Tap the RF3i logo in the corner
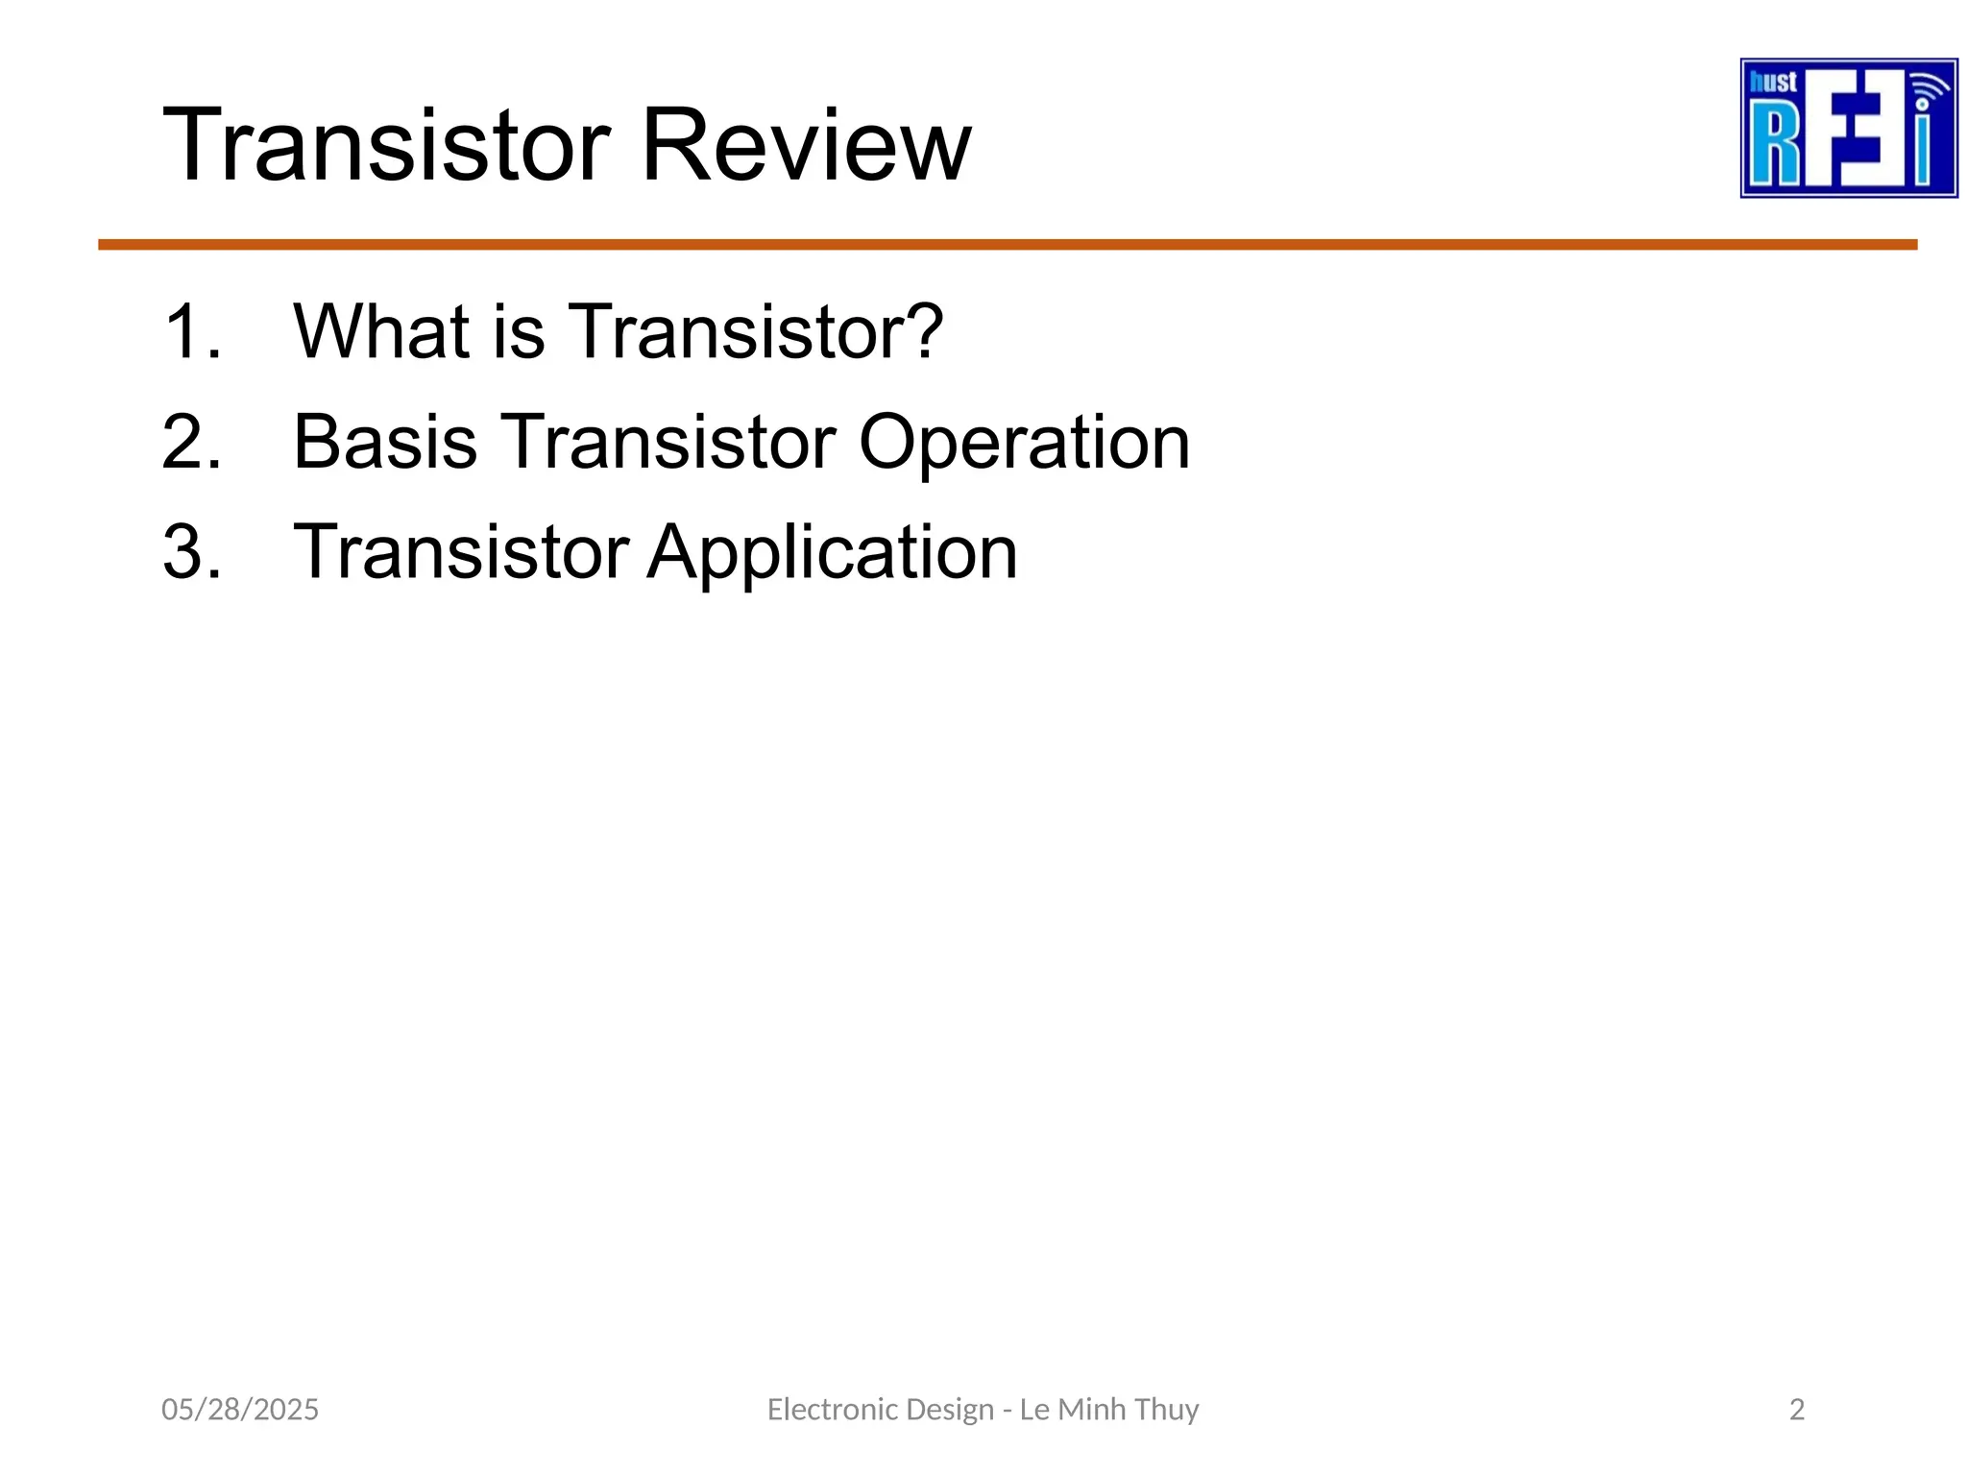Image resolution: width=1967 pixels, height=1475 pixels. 1848,129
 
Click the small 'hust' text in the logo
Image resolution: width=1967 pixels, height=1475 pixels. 1773,83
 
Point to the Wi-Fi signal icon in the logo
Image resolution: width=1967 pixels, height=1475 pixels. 1928,91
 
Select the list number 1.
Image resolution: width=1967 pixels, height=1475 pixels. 191,332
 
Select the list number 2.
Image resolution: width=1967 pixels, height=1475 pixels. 191,443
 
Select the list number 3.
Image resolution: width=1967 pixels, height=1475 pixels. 191,552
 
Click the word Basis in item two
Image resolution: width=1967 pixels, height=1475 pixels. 384,443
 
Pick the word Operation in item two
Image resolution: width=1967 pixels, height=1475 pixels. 1024,443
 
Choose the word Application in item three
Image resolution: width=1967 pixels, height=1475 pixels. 832,553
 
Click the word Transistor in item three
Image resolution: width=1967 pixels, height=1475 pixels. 461,553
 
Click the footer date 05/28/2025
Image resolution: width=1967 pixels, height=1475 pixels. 239,1409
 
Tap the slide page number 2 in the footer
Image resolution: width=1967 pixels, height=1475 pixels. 1797,1409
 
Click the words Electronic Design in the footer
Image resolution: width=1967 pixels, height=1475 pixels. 880,1409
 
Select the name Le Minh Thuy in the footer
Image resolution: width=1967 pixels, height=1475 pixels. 1108,1409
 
